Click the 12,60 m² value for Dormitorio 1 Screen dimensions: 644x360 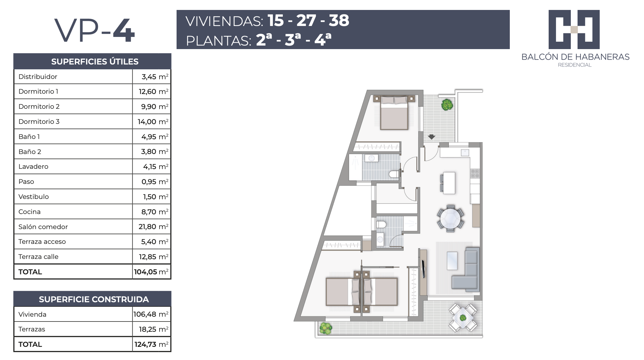153,91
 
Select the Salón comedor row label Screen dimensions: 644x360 43,227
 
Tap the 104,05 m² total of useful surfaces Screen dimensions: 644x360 151,272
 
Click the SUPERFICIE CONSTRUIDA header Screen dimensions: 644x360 94,299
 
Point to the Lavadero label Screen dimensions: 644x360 33,167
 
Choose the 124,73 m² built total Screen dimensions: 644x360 152,344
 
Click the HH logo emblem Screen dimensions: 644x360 574,30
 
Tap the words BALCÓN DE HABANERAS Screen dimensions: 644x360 575,57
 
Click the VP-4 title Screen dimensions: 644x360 95,30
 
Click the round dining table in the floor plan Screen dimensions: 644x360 450,218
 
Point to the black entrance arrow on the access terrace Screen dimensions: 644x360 431,137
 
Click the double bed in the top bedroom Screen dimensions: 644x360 394,113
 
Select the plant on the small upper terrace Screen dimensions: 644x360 447,105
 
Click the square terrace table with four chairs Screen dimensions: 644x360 463,318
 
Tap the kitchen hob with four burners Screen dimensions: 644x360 475,174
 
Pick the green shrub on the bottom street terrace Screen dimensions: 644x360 326,328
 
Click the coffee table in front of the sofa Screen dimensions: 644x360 452,261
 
